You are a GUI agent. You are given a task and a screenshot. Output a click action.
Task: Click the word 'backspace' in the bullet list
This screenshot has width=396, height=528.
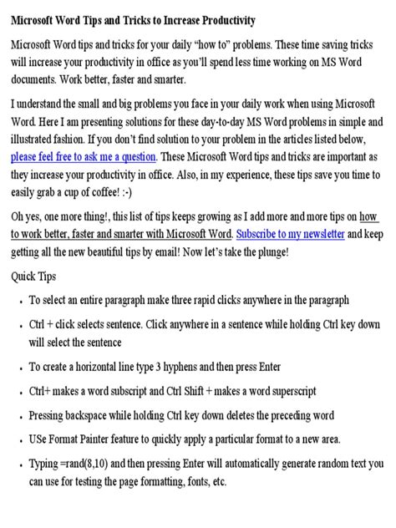pos(89,414)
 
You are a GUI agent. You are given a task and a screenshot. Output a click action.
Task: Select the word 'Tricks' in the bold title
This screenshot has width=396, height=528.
pos(129,20)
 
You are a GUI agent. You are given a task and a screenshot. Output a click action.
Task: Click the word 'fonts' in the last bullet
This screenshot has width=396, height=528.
pos(190,481)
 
